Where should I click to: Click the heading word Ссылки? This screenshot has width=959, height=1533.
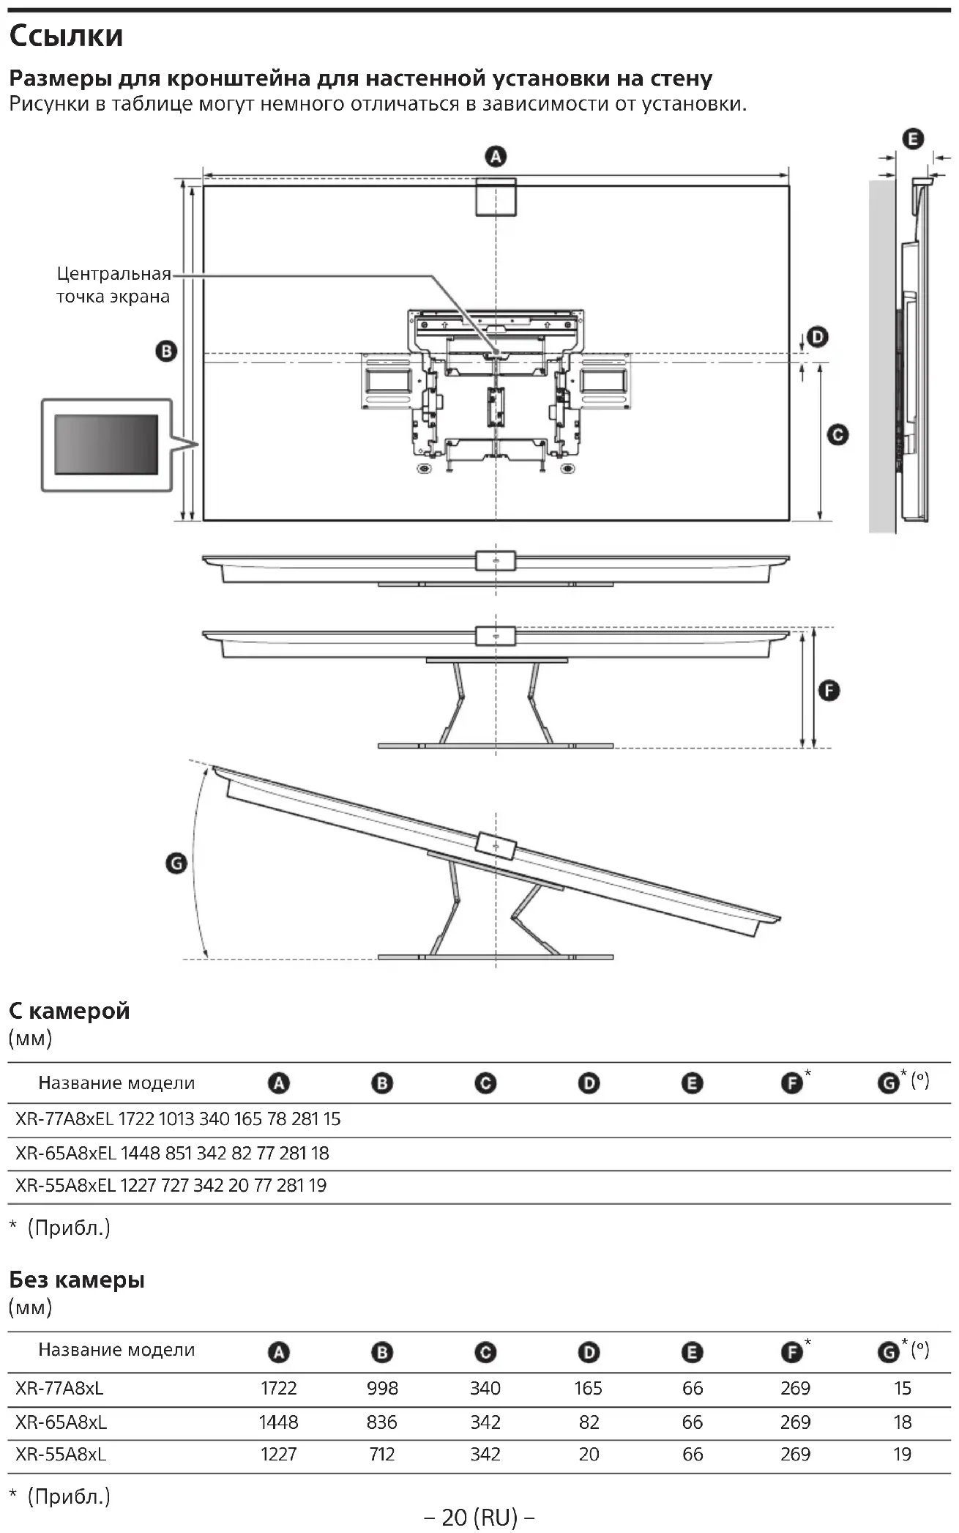pyautogui.click(x=66, y=36)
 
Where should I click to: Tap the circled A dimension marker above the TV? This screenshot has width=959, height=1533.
pyautogui.click(x=496, y=157)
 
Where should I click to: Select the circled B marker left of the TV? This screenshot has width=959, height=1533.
pyautogui.click(x=166, y=352)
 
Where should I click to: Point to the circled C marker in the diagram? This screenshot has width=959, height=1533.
pyautogui.click(x=837, y=435)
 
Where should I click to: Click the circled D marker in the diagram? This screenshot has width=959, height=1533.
pyautogui.click(x=817, y=338)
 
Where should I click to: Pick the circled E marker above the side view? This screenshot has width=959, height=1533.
pyautogui.click(x=913, y=139)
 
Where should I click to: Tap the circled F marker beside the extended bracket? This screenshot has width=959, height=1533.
pyautogui.click(x=829, y=690)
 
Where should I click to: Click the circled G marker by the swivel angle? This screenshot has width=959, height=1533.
pyautogui.click(x=176, y=864)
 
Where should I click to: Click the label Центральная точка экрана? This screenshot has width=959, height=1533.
pyautogui.click(x=113, y=285)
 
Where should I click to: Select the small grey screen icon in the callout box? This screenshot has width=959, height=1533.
pyautogui.click(x=106, y=445)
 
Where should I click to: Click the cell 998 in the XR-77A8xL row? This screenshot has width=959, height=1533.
pyautogui.click(x=382, y=1388)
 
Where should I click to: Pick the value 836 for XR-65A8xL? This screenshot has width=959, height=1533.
pyautogui.click(x=382, y=1422)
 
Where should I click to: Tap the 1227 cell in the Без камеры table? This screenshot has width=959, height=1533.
pyautogui.click(x=278, y=1454)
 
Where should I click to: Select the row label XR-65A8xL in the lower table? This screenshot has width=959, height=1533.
pyautogui.click(x=61, y=1422)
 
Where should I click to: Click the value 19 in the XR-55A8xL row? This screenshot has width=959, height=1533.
pyautogui.click(x=902, y=1454)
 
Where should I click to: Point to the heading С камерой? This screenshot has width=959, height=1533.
pyautogui.click(x=70, y=1011)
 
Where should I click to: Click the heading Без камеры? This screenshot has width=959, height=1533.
pyautogui.click(x=77, y=1280)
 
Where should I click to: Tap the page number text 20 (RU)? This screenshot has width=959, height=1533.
pyautogui.click(x=479, y=1517)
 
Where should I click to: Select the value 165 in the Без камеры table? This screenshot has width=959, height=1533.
pyautogui.click(x=589, y=1388)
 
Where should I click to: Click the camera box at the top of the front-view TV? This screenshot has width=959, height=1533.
pyautogui.click(x=496, y=196)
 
